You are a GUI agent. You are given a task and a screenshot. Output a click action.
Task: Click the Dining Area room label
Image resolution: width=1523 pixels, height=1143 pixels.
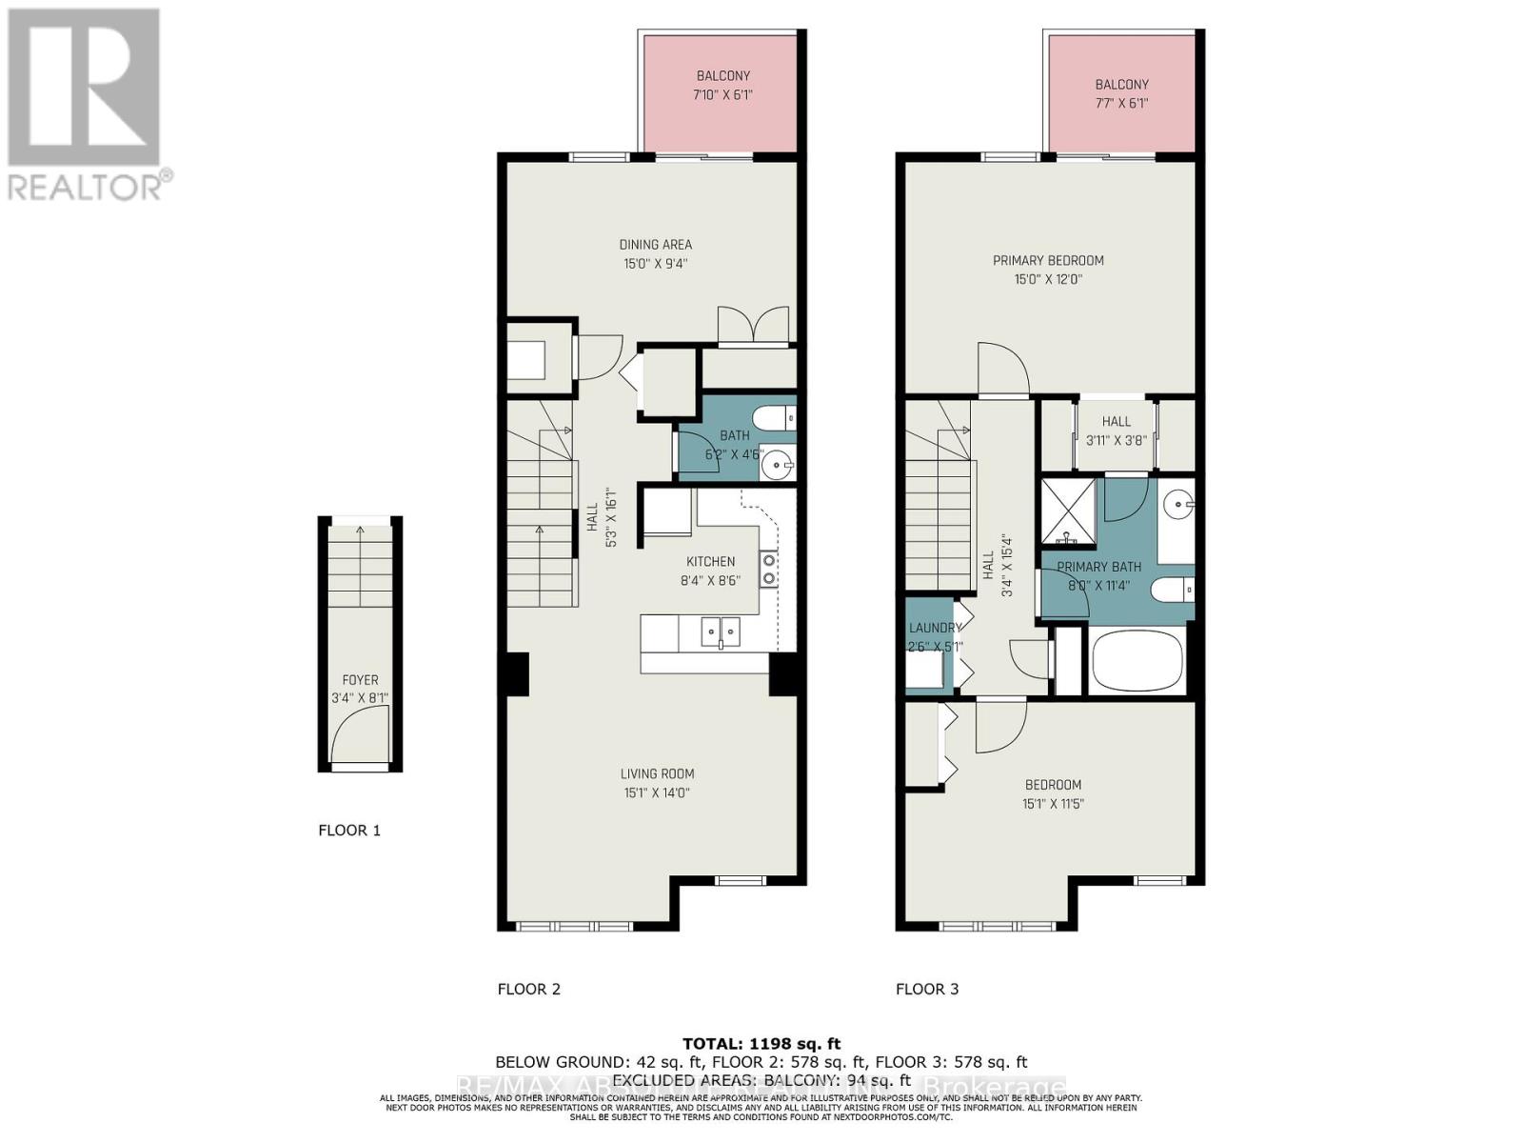click(x=655, y=245)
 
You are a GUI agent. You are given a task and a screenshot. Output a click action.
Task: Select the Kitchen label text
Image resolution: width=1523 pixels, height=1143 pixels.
click(x=710, y=562)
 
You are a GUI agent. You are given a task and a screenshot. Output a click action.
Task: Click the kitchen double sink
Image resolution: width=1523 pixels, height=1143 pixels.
click(x=721, y=631)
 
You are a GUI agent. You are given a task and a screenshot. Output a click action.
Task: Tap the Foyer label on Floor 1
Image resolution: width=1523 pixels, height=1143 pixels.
click(x=360, y=680)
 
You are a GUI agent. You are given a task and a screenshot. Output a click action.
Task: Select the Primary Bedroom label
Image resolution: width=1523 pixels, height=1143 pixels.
click(x=1048, y=261)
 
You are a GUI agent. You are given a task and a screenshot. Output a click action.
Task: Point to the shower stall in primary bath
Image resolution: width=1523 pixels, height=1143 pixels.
click(x=1067, y=512)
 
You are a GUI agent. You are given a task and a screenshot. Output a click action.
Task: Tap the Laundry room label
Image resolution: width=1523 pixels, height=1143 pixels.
click(x=934, y=628)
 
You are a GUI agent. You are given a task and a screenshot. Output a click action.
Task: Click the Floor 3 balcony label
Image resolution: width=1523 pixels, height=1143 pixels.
click(x=1121, y=85)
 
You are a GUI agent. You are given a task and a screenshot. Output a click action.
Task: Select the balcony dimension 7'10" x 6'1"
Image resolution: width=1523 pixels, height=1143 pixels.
click(x=723, y=94)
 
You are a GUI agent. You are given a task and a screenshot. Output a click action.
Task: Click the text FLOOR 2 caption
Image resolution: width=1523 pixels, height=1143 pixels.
click(x=528, y=989)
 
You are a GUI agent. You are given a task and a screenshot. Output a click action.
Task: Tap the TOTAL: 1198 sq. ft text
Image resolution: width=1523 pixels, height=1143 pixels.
click(x=761, y=1044)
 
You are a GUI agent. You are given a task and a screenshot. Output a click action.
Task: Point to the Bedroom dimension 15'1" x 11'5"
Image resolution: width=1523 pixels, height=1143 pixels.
click(x=1053, y=803)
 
